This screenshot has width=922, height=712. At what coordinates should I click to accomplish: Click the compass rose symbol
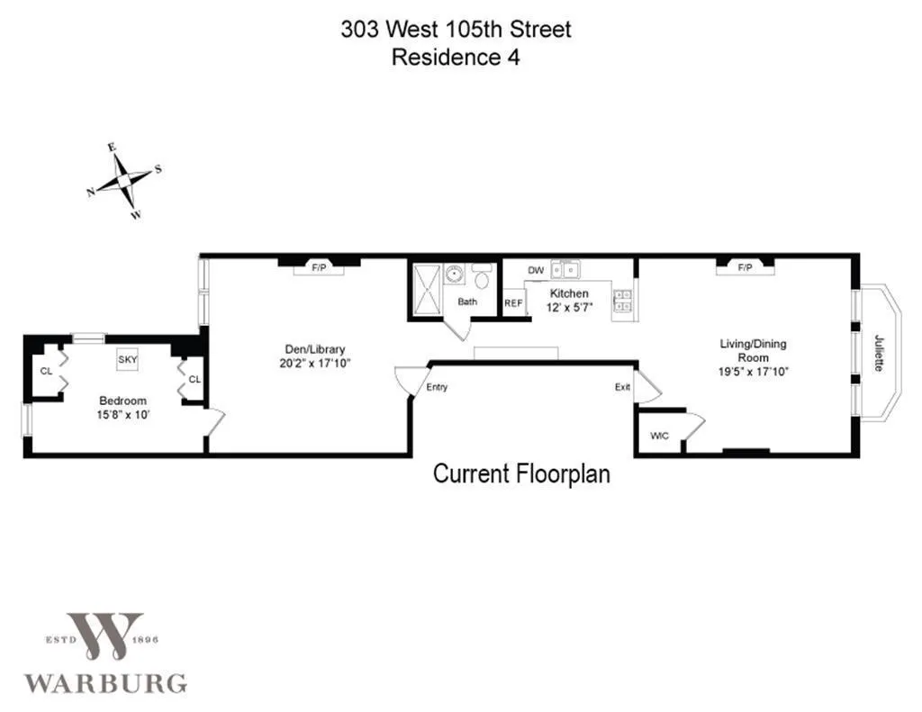point(123,183)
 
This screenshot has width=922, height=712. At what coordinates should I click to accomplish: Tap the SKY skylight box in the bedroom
point(128,359)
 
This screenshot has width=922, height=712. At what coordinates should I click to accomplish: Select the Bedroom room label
point(122,401)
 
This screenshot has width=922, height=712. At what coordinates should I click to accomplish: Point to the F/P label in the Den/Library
point(318,268)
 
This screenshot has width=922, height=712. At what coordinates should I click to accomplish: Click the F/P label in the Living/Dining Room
point(745,268)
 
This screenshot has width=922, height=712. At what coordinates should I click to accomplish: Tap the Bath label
point(467,302)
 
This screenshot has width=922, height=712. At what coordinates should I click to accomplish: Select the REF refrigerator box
point(513,303)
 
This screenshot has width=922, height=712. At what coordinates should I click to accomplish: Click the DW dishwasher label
point(536,270)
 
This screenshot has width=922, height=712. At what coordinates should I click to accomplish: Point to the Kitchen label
point(569,293)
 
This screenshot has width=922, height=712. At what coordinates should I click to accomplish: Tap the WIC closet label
point(659,436)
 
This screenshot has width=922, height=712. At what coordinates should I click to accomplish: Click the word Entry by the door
point(437,388)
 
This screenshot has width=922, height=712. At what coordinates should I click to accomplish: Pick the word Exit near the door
point(622,388)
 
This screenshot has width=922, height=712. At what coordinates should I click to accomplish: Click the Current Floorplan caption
point(521,473)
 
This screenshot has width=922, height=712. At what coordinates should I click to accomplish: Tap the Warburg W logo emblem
point(104,635)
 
